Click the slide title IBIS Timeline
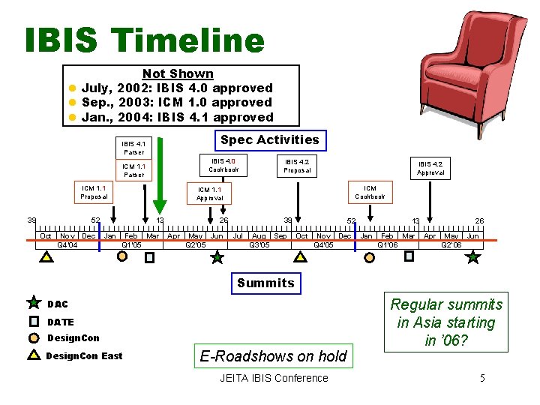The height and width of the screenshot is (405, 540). [144, 40]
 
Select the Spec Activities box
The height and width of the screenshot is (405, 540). [269, 139]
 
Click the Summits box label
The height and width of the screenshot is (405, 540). [265, 283]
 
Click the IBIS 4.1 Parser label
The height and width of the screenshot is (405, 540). [133, 147]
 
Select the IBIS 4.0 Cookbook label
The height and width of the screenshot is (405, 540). [223, 165]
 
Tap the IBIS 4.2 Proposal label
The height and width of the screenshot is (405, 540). [297, 166]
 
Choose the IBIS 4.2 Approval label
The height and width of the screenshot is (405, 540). [430, 168]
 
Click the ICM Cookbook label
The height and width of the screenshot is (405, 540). [370, 192]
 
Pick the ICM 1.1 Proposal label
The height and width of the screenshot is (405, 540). [94, 192]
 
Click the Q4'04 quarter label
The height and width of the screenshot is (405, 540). [67, 244]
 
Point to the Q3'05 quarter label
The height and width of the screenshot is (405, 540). [259, 244]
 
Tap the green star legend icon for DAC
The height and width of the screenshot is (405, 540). [34, 303]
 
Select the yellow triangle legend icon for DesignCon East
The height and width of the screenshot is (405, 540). [34, 355]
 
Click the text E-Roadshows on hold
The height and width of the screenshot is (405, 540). [273, 356]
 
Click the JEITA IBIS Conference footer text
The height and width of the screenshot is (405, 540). [274, 378]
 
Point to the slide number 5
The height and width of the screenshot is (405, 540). [482, 378]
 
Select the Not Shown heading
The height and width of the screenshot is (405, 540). [178, 73]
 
